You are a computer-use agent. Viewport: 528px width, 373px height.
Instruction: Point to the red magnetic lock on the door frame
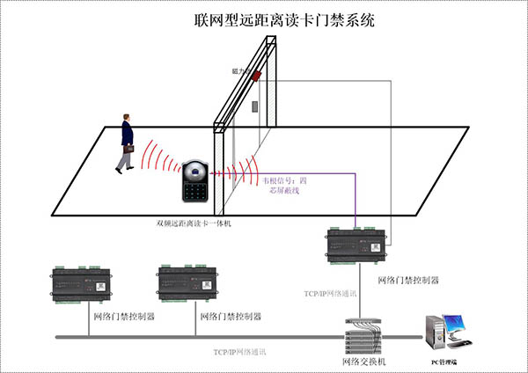pos(257,76)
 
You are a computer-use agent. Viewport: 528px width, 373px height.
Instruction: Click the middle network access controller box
pos(190,283)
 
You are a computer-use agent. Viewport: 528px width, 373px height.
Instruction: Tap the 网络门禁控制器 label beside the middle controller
pos(231,315)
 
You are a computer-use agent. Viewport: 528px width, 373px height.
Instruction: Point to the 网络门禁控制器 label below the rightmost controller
pos(407,280)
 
